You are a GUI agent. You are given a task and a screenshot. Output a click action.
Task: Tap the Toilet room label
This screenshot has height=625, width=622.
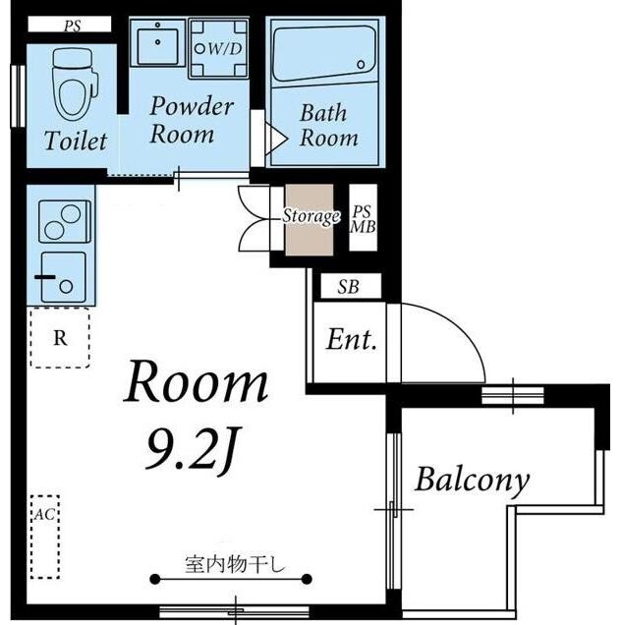click(75, 141)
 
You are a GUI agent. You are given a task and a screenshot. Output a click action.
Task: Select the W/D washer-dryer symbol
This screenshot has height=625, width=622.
click(220, 46)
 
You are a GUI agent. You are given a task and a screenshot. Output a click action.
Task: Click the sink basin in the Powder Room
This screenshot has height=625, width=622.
click(157, 43)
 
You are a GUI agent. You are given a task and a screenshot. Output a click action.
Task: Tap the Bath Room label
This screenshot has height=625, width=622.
click(328, 126)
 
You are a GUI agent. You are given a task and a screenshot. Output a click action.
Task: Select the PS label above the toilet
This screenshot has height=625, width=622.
click(72, 27)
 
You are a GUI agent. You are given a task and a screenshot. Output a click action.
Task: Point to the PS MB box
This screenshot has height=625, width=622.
click(363, 219)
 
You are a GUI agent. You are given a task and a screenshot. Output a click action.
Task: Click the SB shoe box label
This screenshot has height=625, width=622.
click(347, 286)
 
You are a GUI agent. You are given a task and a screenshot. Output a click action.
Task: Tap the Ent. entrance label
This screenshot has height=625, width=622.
click(352, 340)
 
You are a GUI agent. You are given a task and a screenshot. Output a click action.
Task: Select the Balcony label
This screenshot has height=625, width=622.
click(472, 480)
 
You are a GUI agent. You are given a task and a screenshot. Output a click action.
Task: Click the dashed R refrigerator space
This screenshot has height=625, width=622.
click(60, 338)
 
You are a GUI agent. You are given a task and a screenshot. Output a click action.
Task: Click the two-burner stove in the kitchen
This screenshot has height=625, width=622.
click(64, 221)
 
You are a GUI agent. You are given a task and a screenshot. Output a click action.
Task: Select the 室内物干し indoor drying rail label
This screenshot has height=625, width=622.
click(234, 564)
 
